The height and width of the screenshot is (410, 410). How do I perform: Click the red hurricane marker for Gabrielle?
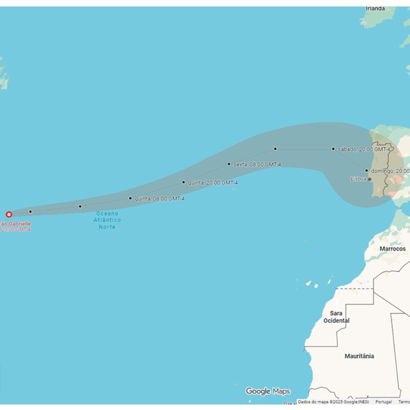pyautogui.click(x=9, y=214)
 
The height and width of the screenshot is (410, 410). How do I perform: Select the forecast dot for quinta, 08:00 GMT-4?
pyautogui.click(x=130, y=198)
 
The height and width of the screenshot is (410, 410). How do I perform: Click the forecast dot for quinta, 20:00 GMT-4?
pyautogui.click(x=183, y=182)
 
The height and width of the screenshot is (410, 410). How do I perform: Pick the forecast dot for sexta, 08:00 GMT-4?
pyautogui.click(x=229, y=164)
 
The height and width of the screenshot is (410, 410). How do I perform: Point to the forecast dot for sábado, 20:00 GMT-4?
pyautogui.click(x=333, y=149)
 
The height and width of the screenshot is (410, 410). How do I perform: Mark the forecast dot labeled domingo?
pyautogui.click(x=366, y=170)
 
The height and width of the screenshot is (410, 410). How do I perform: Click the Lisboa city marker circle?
pyautogui.click(x=370, y=179)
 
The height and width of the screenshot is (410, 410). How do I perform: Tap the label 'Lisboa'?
pyautogui.click(x=358, y=179)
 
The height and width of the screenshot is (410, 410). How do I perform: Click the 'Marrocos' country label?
pyautogui.click(x=392, y=249)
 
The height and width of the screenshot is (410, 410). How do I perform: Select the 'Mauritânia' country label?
pyautogui.click(x=359, y=356)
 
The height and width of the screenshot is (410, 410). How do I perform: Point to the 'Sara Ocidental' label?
pyautogui.click(x=336, y=317)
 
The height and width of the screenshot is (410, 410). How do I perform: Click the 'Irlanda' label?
pyautogui.click(x=375, y=9)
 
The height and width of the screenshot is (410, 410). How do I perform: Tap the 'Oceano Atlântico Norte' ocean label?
pyautogui.click(x=107, y=220)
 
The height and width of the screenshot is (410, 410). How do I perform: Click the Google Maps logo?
pyautogui.click(x=268, y=391)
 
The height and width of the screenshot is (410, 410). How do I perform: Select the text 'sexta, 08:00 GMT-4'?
pyautogui.click(x=257, y=165)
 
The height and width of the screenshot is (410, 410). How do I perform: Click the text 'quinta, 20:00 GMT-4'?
pyautogui.click(x=213, y=183)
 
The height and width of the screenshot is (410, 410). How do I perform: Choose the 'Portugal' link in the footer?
pyautogui.click(x=383, y=402)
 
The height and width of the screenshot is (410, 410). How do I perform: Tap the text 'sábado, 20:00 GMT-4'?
pyautogui.click(x=364, y=149)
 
